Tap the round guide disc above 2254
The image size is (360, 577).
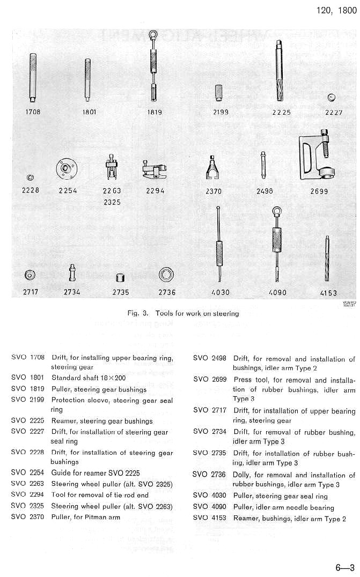pos(66,169)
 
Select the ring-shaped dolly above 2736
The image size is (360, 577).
pos(166,275)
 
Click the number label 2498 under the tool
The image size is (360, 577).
pos(265,191)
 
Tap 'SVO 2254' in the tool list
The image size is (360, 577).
pos(28,473)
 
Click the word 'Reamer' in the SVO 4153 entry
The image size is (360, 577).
pos(245,519)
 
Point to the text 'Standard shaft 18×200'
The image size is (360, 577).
pos(87,378)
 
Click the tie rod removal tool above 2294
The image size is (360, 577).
pos(155,170)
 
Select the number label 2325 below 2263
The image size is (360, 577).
pos(112,203)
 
